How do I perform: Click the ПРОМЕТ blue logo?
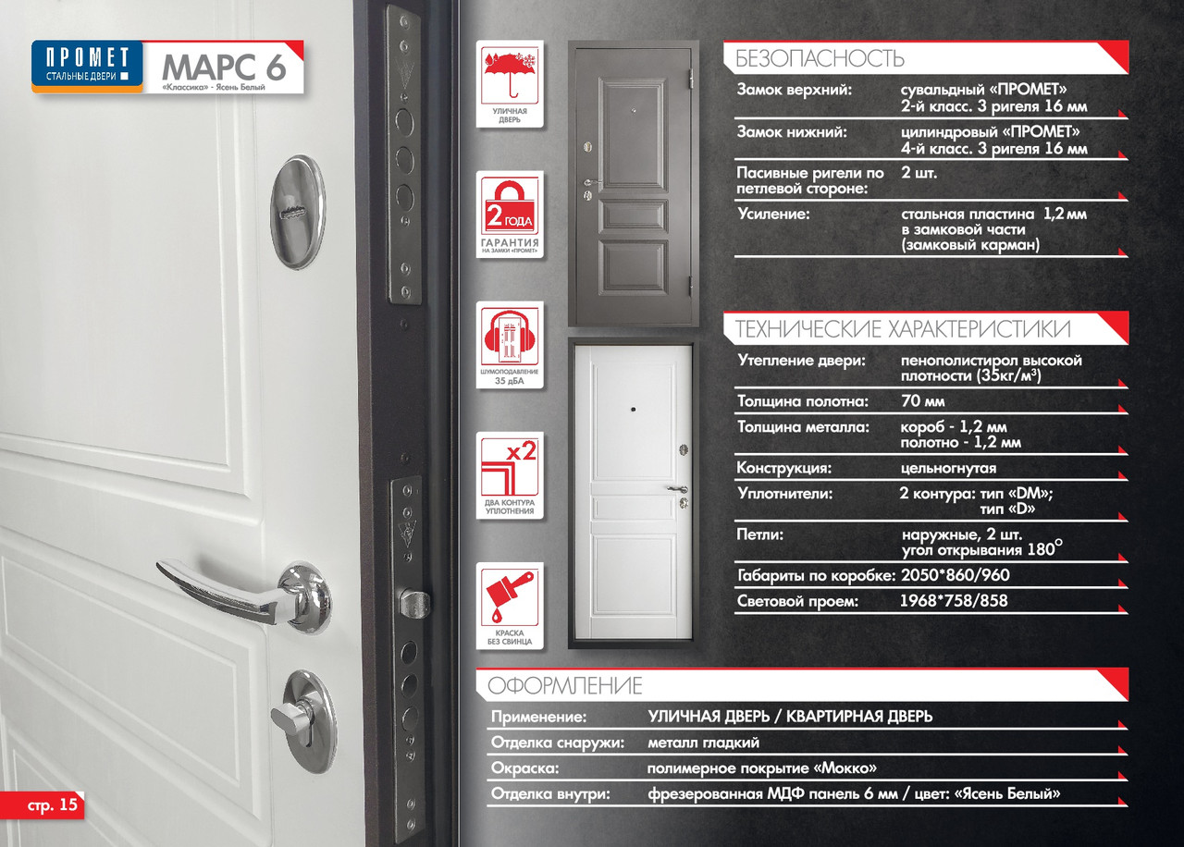coord(87,66)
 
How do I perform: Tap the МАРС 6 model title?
coord(224,68)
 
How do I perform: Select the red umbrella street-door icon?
coord(510,83)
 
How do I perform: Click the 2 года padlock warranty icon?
coord(510,215)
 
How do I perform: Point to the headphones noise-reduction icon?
coord(510,345)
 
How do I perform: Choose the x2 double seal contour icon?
coord(510,475)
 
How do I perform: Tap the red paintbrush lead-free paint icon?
coord(510,606)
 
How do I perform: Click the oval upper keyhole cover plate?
coord(298,212)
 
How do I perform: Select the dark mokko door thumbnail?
coord(634,183)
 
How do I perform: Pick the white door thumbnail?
coord(632,494)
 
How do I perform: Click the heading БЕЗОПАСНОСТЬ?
coord(820,58)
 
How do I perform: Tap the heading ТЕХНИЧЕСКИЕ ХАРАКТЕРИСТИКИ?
coord(903,328)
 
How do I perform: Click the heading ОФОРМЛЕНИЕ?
coord(564,685)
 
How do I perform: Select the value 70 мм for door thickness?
coord(923,401)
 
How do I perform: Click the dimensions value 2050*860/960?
coord(956,575)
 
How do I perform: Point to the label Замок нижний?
coord(792,131)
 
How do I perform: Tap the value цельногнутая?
coord(948,468)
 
